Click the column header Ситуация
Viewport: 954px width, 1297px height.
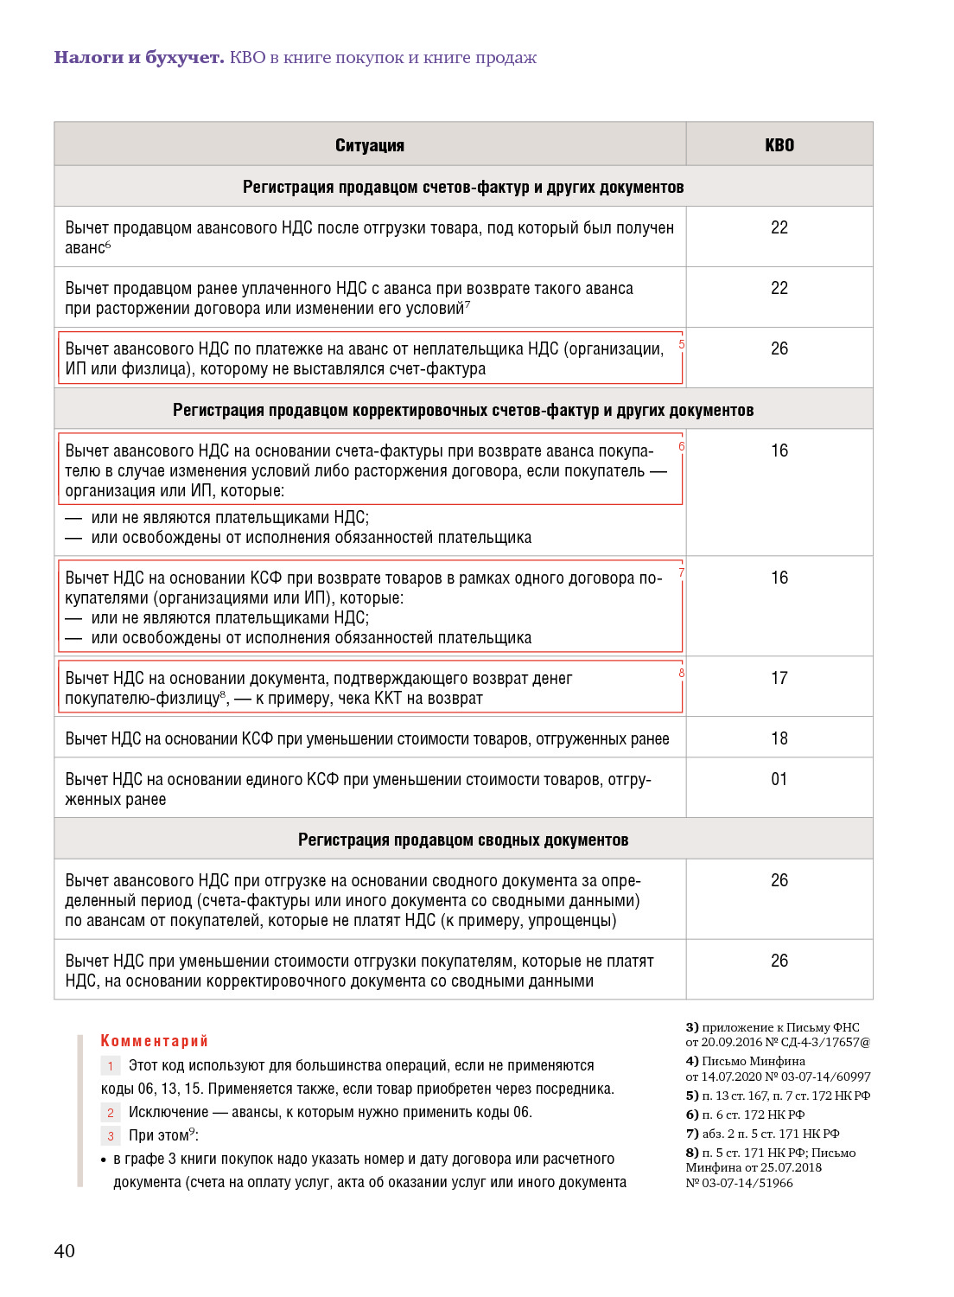(370, 145)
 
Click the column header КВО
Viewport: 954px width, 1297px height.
(779, 145)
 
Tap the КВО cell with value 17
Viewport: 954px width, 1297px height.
(779, 678)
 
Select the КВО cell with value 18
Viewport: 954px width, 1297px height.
(779, 738)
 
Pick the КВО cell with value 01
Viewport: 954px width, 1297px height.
(779, 779)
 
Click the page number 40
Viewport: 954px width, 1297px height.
(65, 1250)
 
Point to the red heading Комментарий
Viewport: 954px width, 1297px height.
(155, 1040)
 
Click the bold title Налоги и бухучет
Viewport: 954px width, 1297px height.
(139, 57)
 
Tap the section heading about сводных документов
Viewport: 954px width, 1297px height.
(463, 840)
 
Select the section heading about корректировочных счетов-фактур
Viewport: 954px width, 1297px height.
(463, 410)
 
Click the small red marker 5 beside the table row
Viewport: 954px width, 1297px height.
(682, 344)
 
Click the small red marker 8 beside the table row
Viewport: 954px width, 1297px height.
(682, 673)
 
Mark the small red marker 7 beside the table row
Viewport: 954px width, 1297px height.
(682, 572)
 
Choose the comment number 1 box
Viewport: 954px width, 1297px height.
(111, 1066)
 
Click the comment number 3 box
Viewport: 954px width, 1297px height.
(111, 1136)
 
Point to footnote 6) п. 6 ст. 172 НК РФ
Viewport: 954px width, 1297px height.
(746, 1115)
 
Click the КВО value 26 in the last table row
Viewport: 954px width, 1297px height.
(779, 961)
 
